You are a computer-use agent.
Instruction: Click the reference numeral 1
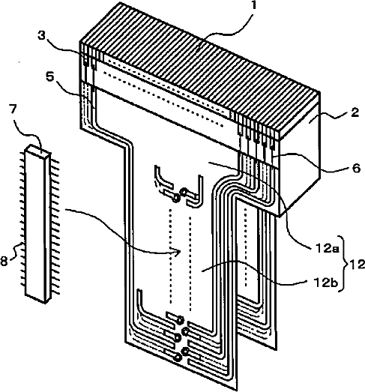(254, 5)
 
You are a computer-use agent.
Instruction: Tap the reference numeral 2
(355, 112)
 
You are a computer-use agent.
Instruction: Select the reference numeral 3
(42, 36)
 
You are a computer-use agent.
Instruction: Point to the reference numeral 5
(50, 76)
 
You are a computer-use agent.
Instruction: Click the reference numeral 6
(356, 168)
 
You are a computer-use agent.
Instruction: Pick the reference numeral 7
(13, 109)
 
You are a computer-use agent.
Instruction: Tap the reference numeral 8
(4, 262)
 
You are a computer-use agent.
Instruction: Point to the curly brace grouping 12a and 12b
(345, 264)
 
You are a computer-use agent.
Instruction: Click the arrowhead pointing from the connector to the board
(178, 253)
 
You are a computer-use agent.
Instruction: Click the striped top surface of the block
(200, 67)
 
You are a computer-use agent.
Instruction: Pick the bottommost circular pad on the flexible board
(178, 358)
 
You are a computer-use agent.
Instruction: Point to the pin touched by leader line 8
(22, 244)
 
